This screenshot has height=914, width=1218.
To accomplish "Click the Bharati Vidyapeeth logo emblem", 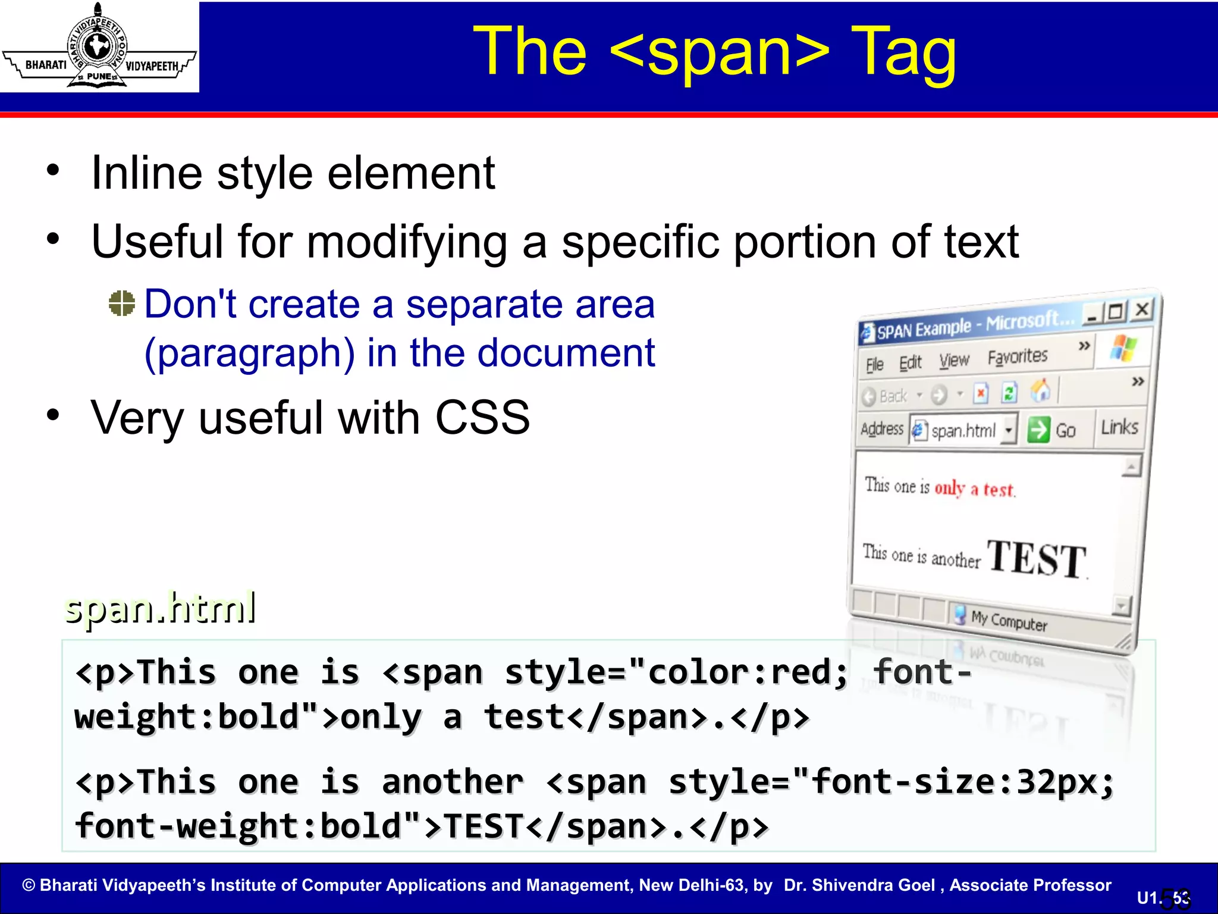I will point(99,46).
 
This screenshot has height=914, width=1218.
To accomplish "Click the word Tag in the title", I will point(903,52).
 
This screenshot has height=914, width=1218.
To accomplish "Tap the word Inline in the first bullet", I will point(146,174).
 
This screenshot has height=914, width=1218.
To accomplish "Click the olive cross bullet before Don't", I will point(122,303).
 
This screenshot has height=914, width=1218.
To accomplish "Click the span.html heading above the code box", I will point(161,608).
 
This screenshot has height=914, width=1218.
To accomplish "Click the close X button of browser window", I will point(1142,309).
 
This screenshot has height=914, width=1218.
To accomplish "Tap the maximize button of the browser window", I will point(1116,312).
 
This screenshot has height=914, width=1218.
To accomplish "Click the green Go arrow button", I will point(1038,430).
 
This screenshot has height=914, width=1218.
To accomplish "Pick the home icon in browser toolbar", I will point(1040,391).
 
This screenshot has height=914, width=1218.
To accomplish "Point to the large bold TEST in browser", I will point(1037,559).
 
